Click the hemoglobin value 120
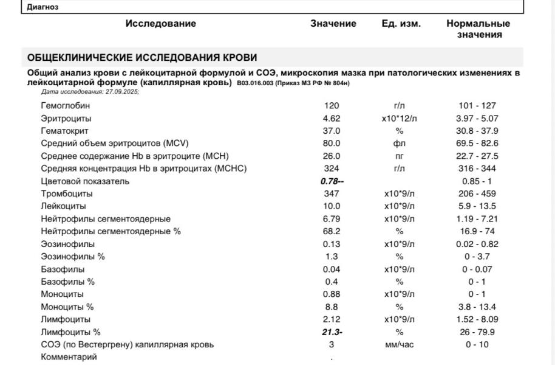click(x=332, y=105)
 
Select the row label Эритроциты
click(x=66, y=118)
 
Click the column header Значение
click(x=333, y=24)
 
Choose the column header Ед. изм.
click(x=401, y=24)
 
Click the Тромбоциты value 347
click(x=332, y=193)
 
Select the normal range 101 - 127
click(x=478, y=105)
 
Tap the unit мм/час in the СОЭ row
click(x=399, y=344)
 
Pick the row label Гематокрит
click(x=64, y=131)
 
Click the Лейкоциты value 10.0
click(x=332, y=206)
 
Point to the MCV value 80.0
click(x=332, y=144)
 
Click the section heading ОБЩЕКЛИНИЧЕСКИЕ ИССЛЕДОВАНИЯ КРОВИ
click(x=142, y=57)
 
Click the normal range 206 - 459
click(x=478, y=193)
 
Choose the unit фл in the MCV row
click(x=399, y=144)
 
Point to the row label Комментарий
click(x=69, y=357)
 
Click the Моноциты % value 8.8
click(x=332, y=307)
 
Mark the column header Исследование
click(x=161, y=24)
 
